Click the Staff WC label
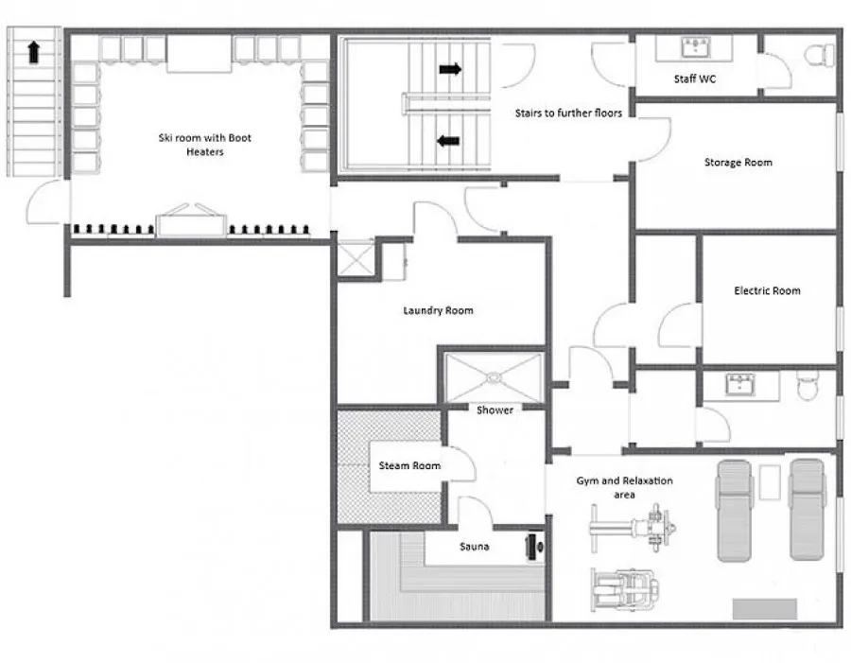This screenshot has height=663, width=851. pyautogui.click(x=695, y=79)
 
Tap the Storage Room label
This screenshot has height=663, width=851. pyautogui.click(x=738, y=162)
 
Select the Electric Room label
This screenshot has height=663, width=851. pyautogui.click(x=767, y=290)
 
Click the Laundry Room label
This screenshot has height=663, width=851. pyautogui.click(x=438, y=310)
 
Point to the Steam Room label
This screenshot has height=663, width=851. pyautogui.click(x=409, y=465)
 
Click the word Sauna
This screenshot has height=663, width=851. pyautogui.click(x=475, y=547)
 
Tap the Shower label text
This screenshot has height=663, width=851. pyautogui.click(x=495, y=410)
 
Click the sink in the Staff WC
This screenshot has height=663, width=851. pyautogui.click(x=695, y=46)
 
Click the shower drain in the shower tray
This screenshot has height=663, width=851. pyautogui.click(x=494, y=376)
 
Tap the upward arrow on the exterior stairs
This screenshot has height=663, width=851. pyautogui.click(x=34, y=52)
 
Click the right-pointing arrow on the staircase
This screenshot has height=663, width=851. pyautogui.click(x=450, y=69)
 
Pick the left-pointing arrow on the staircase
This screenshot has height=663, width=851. pyautogui.click(x=448, y=141)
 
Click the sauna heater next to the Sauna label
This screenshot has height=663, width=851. pyautogui.click(x=534, y=547)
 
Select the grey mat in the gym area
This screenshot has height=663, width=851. pyautogui.click(x=765, y=609)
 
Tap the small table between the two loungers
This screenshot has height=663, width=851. pyautogui.click(x=770, y=482)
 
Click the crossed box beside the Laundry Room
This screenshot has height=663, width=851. pyautogui.click(x=356, y=260)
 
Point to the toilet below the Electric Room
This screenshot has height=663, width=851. pyautogui.click(x=808, y=384)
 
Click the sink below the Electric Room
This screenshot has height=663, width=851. pyautogui.click(x=739, y=384)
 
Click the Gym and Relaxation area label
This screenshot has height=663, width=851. pyautogui.click(x=624, y=487)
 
